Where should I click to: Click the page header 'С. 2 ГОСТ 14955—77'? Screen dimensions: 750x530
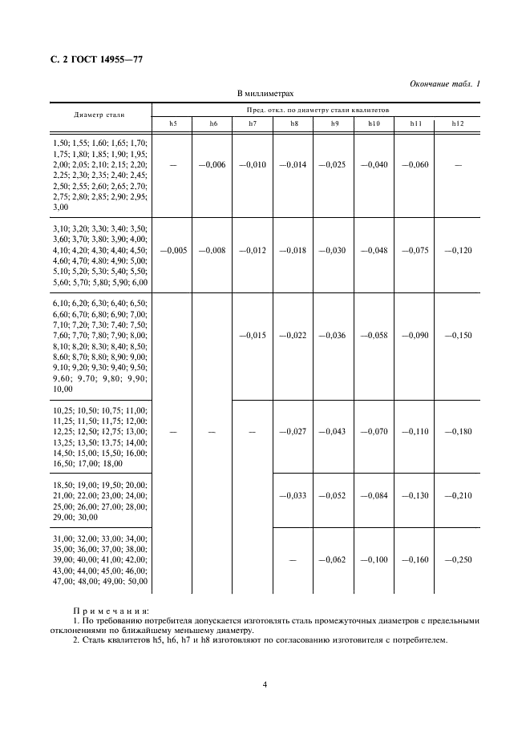[x=96, y=58]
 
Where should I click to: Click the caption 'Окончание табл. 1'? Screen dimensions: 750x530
[x=444, y=84]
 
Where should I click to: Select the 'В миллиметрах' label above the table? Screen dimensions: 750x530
[x=265, y=94]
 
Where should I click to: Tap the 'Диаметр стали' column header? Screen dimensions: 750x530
[x=99, y=115]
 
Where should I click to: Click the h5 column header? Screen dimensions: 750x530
[x=174, y=123]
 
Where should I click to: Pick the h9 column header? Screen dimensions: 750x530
[x=335, y=123]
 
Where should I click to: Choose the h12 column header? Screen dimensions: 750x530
[x=458, y=123]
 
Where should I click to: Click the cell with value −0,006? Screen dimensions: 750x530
[x=213, y=164]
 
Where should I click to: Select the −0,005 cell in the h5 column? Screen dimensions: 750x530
[x=173, y=250]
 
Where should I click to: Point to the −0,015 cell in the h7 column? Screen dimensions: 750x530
[x=252, y=335]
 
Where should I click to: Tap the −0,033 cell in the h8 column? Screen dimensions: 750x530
[x=293, y=495]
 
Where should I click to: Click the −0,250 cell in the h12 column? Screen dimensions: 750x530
[x=458, y=559]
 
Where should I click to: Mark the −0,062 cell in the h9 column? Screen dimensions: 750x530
[x=334, y=559]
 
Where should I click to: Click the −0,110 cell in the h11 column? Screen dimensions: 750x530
[x=416, y=431]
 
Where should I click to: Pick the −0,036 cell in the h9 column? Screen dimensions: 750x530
[x=334, y=335]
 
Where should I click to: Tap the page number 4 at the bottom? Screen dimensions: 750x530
[x=265, y=684]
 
